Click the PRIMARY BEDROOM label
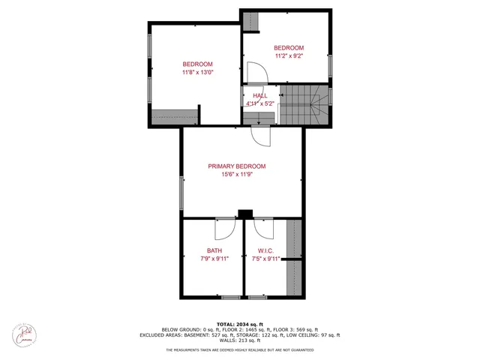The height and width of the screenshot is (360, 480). pyautogui.click(x=237, y=166)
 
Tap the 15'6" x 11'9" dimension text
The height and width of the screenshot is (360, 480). pyautogui.click(x=237, y=175)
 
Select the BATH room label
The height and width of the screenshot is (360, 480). pyautogui.click(x=214, y=250)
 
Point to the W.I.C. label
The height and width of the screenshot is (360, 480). pyautogui.click(x=265, y=250)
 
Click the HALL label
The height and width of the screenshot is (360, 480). pyautogui.click(x=259, y=96)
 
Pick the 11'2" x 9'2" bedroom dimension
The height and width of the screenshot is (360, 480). pyautogui.click(x=289, y=55)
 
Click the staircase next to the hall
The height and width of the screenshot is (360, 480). pyautogui.click(x=302, y=105)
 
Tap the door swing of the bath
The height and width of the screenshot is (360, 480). pyautogui.click(x=224, y=226)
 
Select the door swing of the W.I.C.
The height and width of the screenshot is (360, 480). pyautogui.click(x=264, y=226)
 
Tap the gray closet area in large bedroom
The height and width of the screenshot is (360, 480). pyautogui.click(x=175, y=117)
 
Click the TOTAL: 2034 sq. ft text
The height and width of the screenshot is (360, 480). pyautogui.click(x=239, y=322)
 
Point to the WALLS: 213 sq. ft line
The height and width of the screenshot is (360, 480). pyautogui.click(x=239, y=341)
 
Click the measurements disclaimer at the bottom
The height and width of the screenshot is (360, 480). pyautogui.click(x=239, y=350)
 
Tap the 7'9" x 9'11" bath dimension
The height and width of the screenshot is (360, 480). pyautogui.click(x=214, y=259)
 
